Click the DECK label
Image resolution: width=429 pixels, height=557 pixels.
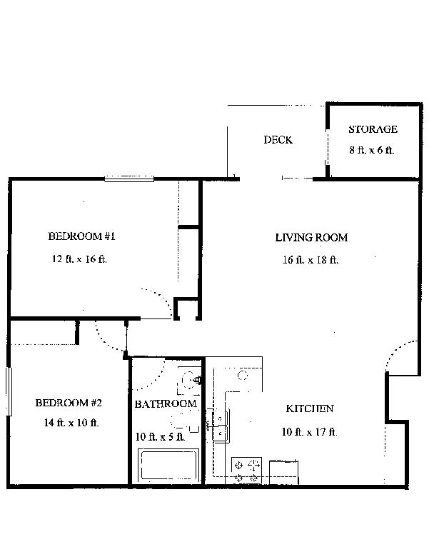(278, 140)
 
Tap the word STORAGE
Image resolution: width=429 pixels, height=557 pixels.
(373, 129)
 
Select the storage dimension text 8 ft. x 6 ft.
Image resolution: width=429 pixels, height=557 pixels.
(372, 151)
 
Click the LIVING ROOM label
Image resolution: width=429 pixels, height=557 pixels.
(311, 237)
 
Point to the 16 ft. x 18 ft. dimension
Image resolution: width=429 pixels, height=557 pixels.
(311, 260)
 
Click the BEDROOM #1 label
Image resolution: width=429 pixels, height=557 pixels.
(77, 236)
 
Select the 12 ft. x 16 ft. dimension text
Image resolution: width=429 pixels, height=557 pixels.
(79, 259)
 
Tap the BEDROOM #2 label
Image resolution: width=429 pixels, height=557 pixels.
(69, 403)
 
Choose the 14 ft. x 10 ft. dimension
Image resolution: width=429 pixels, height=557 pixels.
(70, 423)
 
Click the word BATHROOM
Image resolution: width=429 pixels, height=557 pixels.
(166, 404)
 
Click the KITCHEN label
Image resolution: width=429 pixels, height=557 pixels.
(310, 409)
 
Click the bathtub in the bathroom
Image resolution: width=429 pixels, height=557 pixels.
(168, 466)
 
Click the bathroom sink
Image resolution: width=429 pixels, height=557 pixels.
(191, 381)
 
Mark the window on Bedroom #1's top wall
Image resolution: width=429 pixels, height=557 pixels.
(129, 179)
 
